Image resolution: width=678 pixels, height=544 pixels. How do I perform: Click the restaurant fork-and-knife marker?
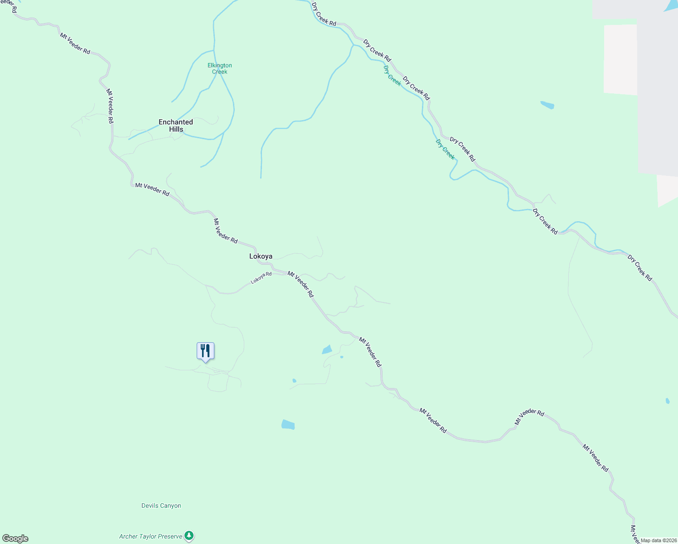click(205, 351)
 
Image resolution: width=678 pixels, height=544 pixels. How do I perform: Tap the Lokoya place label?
click(261, 257)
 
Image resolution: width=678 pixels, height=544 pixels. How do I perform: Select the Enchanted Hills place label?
click(176, 126)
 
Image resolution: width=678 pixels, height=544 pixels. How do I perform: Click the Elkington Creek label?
click(220, 68)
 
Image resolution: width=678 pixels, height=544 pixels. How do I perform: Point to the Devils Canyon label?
click(161, 506)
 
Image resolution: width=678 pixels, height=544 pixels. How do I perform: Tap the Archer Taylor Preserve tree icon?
click(189, 536)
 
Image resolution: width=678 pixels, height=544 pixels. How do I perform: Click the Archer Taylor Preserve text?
click(150, 537)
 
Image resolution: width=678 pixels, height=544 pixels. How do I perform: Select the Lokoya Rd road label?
click(261, 278)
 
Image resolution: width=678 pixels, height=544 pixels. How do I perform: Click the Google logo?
click(15, 539)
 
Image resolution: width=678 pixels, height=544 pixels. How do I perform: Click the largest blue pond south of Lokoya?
click(288, 425)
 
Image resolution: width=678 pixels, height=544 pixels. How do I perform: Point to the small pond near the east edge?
click(668, 401)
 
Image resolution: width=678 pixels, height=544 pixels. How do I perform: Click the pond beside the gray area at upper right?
click(547, 105)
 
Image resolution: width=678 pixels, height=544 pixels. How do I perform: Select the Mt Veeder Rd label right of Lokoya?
click(300, 284)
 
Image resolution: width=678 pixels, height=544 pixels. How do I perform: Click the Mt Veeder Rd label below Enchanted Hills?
click(152, 189)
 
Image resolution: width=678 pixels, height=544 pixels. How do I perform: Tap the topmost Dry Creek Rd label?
click(324, 14)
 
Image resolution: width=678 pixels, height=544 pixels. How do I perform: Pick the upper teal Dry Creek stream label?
click(392, 75)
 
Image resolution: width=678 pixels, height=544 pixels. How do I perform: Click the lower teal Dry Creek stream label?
click(445, 149)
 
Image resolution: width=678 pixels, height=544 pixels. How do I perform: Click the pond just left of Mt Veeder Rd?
click(327, 350)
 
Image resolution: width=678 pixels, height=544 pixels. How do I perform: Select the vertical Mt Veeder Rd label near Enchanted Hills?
click(110, 106)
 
